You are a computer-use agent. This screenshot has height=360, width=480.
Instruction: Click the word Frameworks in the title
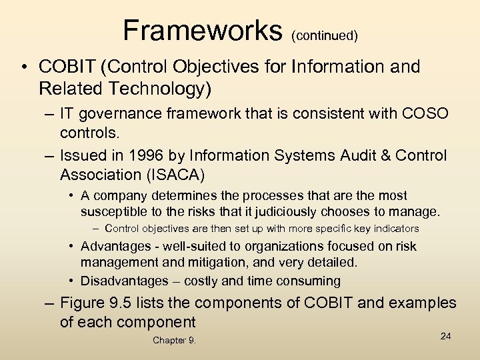click(x=203, y=29)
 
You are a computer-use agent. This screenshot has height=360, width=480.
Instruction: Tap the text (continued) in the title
click(x=325, y=35)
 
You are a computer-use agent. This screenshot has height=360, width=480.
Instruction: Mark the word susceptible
click(x=114, y=212)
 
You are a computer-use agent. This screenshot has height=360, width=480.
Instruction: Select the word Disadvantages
click(x=123, y=281)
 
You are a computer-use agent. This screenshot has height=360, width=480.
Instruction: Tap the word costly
click(x=202, y=281)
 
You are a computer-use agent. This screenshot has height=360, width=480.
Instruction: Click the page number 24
click(x=446, y=336)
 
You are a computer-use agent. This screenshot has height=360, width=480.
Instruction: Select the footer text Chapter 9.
click(x=174, y=341)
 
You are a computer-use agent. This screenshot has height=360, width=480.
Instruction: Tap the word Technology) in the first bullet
click(x=153, y=87)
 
